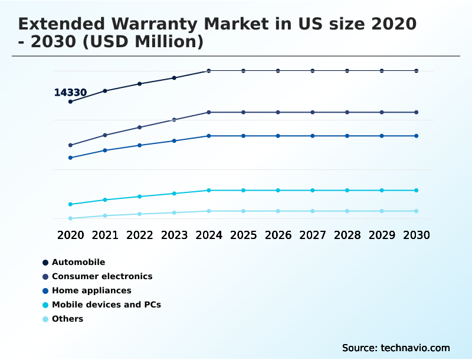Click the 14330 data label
70,93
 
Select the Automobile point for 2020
70,102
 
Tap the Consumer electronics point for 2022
140,127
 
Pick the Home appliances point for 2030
416,136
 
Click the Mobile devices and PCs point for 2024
209,190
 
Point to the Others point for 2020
70,218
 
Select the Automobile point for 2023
174,78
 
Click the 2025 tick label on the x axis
243,235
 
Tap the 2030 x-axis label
416,235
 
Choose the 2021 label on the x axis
105,235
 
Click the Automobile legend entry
78,262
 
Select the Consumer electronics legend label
102,276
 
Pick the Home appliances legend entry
91,290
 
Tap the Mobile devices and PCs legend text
106,305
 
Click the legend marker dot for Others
45,319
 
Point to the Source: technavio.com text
396,348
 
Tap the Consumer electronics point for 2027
313,112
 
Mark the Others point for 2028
347,211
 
